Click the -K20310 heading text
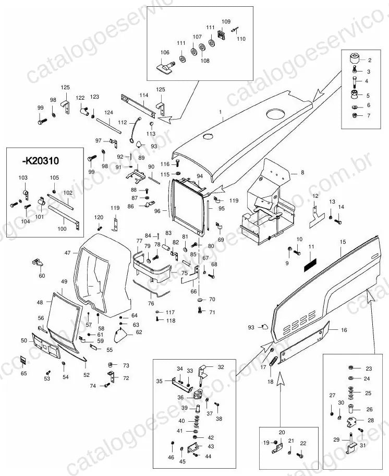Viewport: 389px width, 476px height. [40, 161]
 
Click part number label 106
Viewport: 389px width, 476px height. [165, 53]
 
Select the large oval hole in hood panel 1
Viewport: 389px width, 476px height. [276, 114]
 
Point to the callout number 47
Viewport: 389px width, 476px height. [68, 253]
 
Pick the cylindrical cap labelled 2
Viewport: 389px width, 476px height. [354, 58]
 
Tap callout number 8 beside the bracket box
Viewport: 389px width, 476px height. [302, 172]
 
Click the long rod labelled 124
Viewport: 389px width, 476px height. [109, 125]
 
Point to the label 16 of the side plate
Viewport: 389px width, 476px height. [344, 330]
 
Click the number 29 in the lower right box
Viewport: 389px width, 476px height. [336, 439]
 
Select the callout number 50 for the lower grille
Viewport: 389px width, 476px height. [24, 341]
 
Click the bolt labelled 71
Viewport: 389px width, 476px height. [200, 310]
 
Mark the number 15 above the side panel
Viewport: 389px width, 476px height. [343, 242]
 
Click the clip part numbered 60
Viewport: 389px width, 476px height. [38, 263]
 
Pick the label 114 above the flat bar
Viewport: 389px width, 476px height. [144, 95]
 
